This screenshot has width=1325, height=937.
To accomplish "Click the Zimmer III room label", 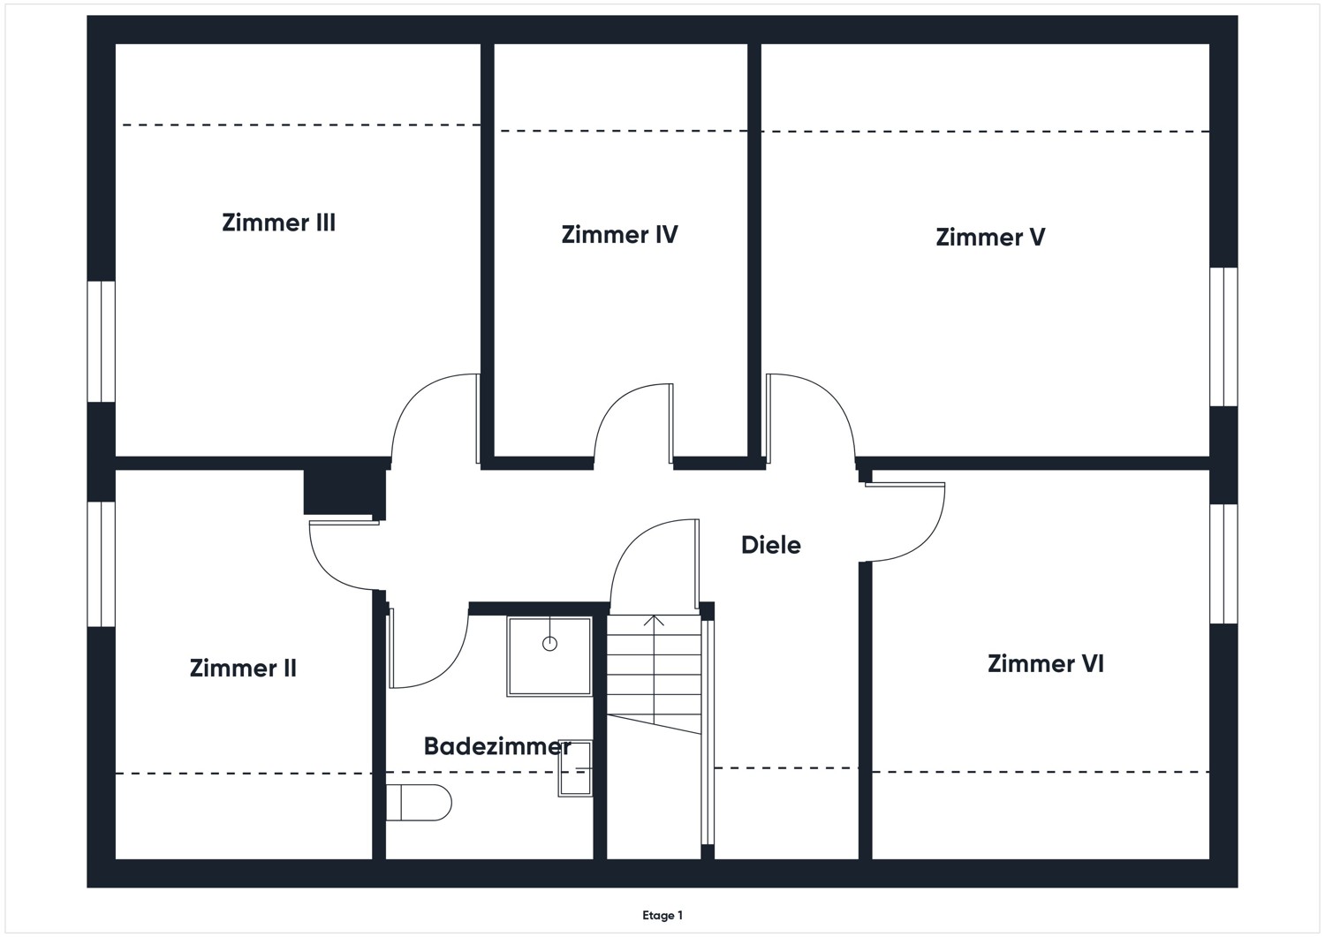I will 278,223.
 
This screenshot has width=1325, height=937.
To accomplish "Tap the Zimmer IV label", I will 619,235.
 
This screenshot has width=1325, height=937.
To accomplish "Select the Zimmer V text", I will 990,238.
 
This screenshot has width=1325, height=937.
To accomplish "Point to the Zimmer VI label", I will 1045,664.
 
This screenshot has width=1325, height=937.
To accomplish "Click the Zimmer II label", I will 243,669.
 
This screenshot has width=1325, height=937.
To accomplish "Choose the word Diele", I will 770,545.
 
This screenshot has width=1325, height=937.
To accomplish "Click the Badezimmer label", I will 496,746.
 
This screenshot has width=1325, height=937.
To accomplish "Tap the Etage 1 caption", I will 662,916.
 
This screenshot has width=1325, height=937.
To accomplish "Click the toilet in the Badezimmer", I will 419,803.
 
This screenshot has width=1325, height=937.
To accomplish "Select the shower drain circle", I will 549,644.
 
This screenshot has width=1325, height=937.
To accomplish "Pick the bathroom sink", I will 575,769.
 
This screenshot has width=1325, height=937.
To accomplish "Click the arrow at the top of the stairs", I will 654,621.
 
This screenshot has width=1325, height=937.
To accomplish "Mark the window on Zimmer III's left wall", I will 102,342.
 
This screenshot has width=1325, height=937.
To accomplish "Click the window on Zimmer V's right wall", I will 1223,336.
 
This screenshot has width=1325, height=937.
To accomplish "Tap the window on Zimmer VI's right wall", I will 1223,563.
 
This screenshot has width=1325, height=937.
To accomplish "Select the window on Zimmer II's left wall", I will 102,564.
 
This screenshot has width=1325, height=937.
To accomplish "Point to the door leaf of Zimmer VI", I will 905,484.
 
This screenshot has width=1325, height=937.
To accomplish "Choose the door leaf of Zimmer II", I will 344,523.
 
